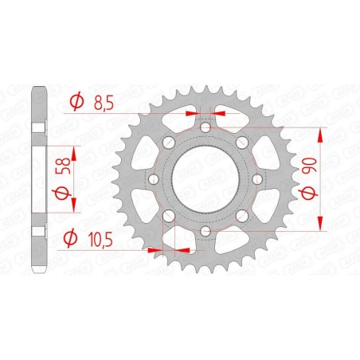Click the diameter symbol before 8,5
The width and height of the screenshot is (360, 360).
tap(76, 102)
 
